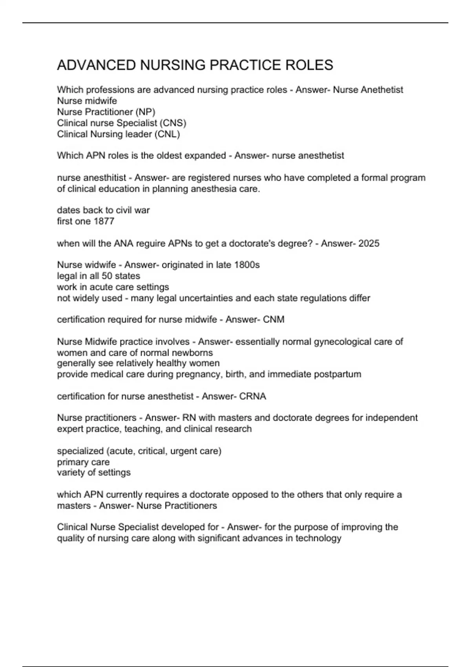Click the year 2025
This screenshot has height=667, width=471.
click(x=369, y=243)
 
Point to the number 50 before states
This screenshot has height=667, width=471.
click(x=107, y=276)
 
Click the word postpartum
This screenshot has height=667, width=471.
click(x=339, y=374)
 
